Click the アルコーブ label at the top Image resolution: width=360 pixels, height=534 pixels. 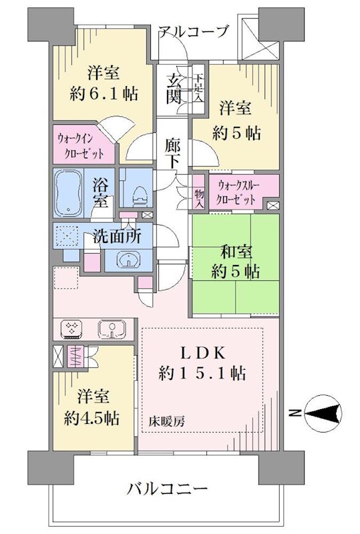coord(192,31)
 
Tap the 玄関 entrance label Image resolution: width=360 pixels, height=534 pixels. coord(174,89)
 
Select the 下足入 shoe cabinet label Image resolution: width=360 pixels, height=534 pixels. coord(198,89)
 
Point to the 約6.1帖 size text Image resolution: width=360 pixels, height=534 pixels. coord(104,93)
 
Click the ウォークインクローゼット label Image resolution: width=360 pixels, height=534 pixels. coord(84,146)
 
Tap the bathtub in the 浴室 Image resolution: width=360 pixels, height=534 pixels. coord(69,193)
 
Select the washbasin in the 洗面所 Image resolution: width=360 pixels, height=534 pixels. coord(129,260)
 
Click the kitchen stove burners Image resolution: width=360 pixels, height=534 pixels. coord(71,329)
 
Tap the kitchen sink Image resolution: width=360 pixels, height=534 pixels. coord(112,329)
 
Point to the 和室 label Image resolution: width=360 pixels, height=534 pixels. coord(236,252)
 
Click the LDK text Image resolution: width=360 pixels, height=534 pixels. coord(202,354)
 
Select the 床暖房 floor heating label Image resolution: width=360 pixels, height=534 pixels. coord(167,422)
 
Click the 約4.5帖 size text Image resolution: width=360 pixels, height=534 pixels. coord(92,418)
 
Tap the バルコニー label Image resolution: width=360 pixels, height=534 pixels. coord(167,489)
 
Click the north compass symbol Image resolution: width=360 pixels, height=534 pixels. coord(323,413)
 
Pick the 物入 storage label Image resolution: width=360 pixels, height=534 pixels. coord(199,199)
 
